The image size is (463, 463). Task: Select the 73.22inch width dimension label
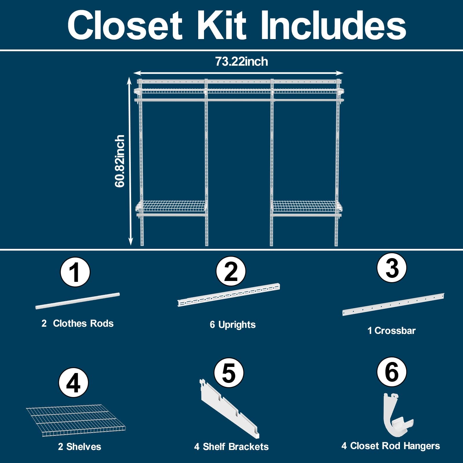(241, 62)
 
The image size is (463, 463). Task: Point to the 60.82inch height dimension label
(120, 161)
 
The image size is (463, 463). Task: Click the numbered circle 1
(75, 272)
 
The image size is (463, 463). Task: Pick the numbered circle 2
(231, 271)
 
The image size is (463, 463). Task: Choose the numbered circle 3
(392, 268)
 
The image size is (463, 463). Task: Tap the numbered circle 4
(74, 383)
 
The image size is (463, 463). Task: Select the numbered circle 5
(229, 372)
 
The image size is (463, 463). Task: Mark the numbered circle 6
(392, 372)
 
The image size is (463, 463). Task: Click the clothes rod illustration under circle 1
(78, 301)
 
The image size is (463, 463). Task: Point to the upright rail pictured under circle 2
(229, 295)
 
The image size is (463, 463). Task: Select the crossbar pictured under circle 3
(393, 304)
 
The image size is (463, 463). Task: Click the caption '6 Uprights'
(233, 325)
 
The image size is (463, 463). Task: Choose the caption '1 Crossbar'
(392, 330)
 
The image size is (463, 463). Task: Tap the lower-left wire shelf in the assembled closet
(172, 206)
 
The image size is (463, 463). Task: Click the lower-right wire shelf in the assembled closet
(307, 206)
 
